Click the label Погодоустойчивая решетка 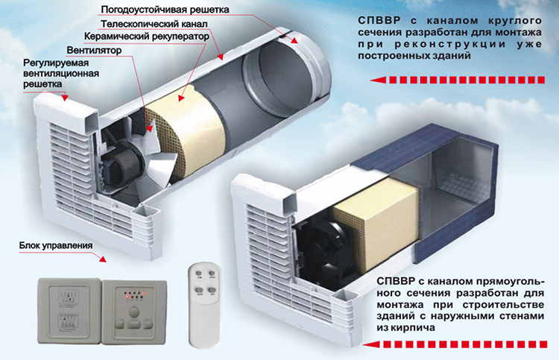[165, 10]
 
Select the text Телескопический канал [154, 24]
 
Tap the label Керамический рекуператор [147, 37]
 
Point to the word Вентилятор [94, 50]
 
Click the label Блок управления [56, 245]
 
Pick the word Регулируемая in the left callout [56, 63]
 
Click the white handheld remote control [204, 305]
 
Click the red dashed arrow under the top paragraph [458, 80]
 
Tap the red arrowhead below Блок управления [102, 259]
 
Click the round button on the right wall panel [133, 312]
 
